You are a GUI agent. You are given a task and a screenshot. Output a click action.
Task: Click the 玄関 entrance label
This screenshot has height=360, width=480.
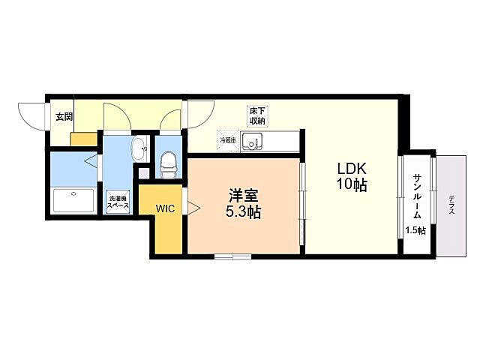coord(63,116)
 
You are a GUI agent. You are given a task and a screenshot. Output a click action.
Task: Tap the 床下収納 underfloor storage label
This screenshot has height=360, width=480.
coord(257,115)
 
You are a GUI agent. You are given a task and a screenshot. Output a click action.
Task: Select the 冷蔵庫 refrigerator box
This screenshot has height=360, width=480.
coord(227,139)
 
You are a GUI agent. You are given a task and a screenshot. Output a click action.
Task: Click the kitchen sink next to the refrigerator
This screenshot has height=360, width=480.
coord(253,140)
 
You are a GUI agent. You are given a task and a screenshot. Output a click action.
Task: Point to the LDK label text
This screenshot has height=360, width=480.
coord(351,169)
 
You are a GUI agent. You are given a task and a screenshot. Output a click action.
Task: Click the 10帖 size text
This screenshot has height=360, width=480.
coord(351,185)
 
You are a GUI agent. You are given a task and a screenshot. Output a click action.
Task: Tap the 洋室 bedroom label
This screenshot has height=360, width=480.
coord(244,196)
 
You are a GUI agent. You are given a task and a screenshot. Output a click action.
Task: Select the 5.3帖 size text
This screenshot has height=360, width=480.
coord(244,212)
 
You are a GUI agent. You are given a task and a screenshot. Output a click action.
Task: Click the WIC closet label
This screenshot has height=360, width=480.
coord(166,208)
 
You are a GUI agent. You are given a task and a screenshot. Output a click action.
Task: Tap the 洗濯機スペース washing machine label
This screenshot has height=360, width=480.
coord(118,200)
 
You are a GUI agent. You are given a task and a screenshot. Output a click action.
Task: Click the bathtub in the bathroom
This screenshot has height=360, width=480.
coord(73,201)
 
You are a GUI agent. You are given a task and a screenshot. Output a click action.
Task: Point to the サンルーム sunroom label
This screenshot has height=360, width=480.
coord(416,195)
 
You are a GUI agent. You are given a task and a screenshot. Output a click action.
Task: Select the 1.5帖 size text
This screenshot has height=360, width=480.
coord(415,230)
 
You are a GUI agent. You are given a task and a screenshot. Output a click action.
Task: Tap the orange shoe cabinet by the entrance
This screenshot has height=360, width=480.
coord(84,139)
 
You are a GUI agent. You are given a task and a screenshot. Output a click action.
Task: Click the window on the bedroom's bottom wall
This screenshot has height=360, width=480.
coord(232,257)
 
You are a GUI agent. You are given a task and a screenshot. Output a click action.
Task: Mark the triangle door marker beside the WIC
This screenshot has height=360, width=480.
coord(191,207)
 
